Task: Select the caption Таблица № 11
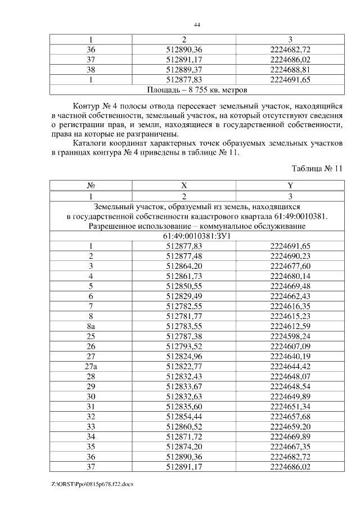tap(317, 169)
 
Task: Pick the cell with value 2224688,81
tap(290, 70)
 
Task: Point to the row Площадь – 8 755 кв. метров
tap(197, 89)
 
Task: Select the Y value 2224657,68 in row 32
tap(290, 417)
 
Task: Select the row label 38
tap(91, 70)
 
